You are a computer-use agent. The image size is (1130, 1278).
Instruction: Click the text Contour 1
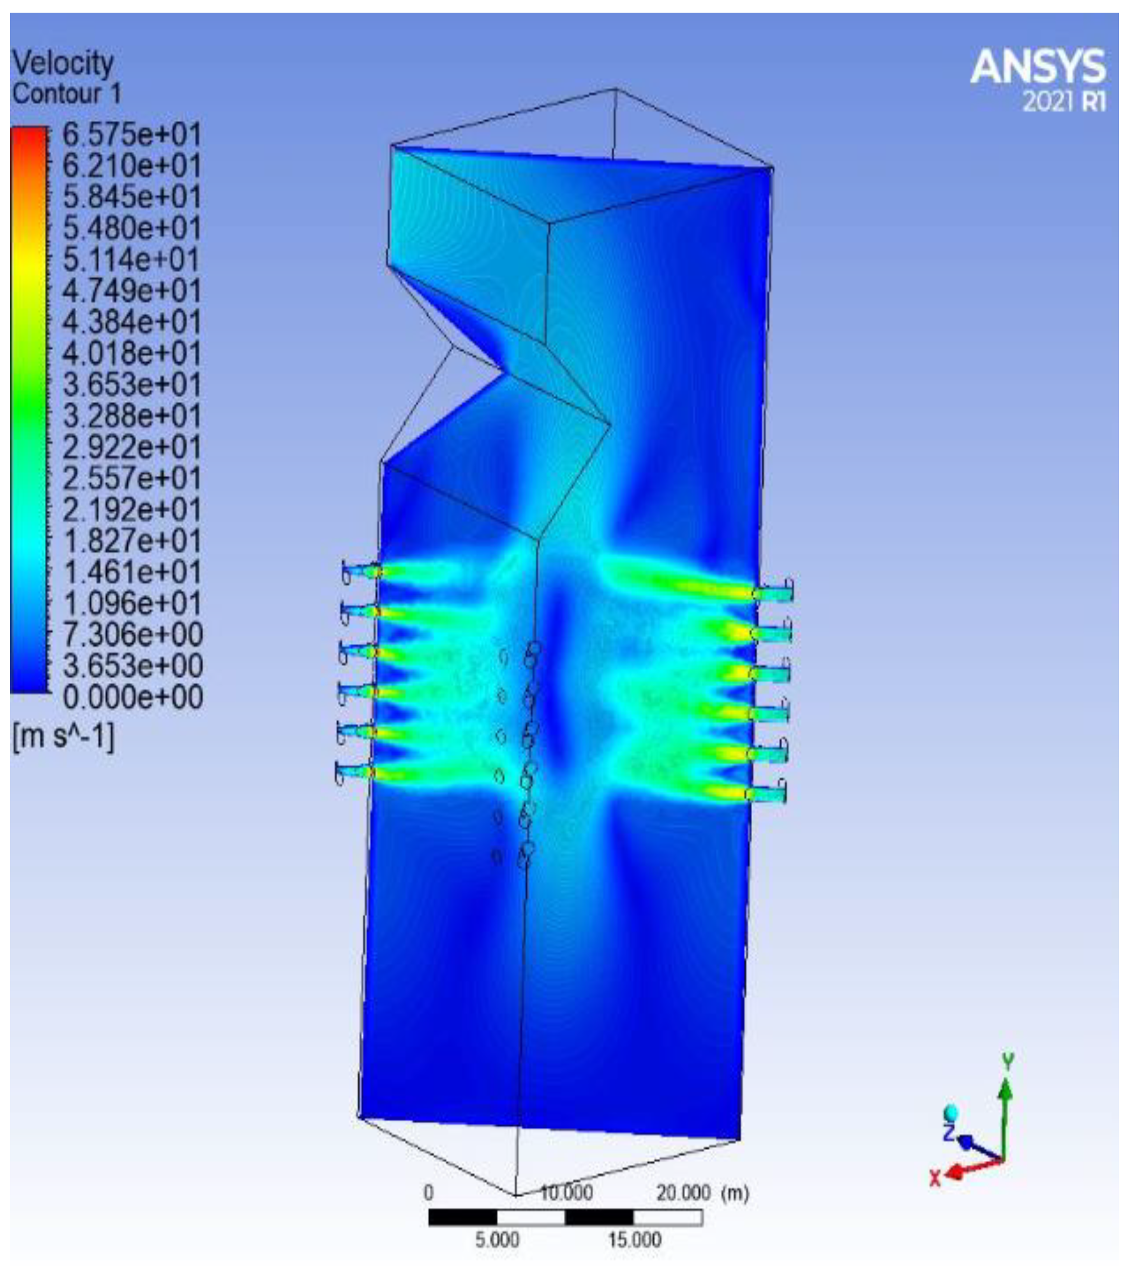[x=67, y=94]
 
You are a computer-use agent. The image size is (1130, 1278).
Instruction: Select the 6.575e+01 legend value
[x=132, y=135]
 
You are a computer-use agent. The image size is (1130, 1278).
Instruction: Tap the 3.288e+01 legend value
[x=132, y=416]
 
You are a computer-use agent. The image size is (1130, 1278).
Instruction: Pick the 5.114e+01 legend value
[x=132, y=259]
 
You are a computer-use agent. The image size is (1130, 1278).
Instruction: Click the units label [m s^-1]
[x=63, y=737]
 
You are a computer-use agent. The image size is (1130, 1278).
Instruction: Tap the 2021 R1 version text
[x=1063, y=101]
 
